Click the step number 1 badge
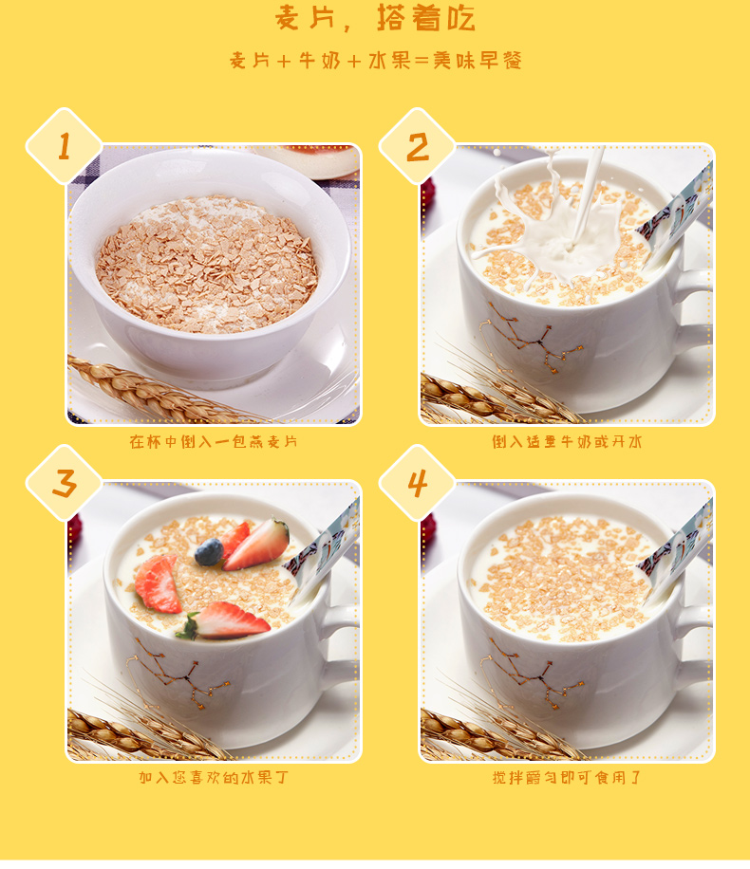click(x=65, y=146)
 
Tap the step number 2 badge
click(x=417, y=146)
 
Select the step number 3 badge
click(x=65, y=483)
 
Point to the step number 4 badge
click(x=417, y=483)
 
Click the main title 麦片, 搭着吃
click(x=375, y=18)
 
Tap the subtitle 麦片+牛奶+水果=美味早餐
click(x=376, y=61)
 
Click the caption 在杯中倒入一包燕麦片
click(x=214, y=441)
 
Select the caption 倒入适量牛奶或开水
click(x=567, y=441)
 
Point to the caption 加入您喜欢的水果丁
click(x=214, y=777)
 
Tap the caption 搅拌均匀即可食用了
click(x=567, y=777)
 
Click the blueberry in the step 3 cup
click(x=209, y=552)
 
